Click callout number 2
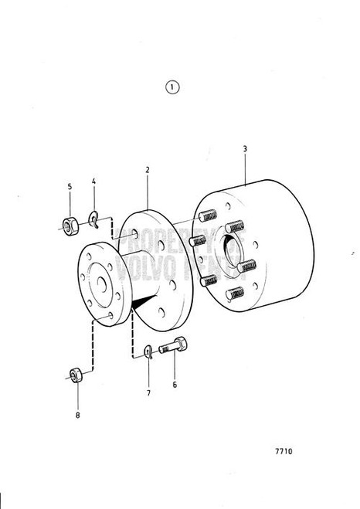point(147,168)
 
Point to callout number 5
point(69,186)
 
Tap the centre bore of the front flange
point(98,285)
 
